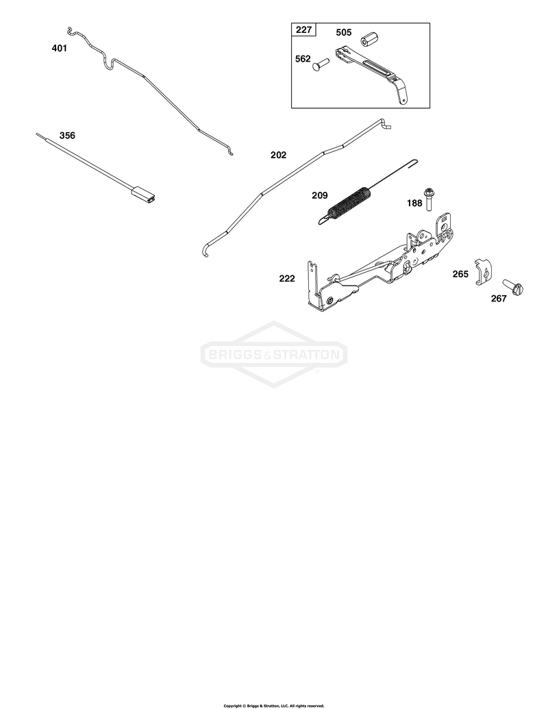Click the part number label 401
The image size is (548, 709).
[x=59, y=48]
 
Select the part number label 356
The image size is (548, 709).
[x=67, y=135]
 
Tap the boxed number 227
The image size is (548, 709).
[x=304, y=30]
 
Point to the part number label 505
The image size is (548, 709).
[x=344, y=33]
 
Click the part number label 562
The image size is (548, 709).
[x=303, y=59]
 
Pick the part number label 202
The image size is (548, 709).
[x=279, y=155]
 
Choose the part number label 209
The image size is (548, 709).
[x=320, y=195]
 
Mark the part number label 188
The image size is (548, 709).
[x=414, y=203]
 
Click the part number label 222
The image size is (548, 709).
[x=287, y=279]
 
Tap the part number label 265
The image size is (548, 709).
[x=461, y=274]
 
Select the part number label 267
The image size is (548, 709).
[x=499, y=299]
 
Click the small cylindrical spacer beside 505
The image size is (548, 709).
[x=370, y=38]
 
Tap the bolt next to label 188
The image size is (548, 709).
[x=427, y=199]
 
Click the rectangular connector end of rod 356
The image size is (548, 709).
[x=145, y=194]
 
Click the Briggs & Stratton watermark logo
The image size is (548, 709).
[x=274, y=354]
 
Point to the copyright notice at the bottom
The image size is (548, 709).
[x=274, y=706]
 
